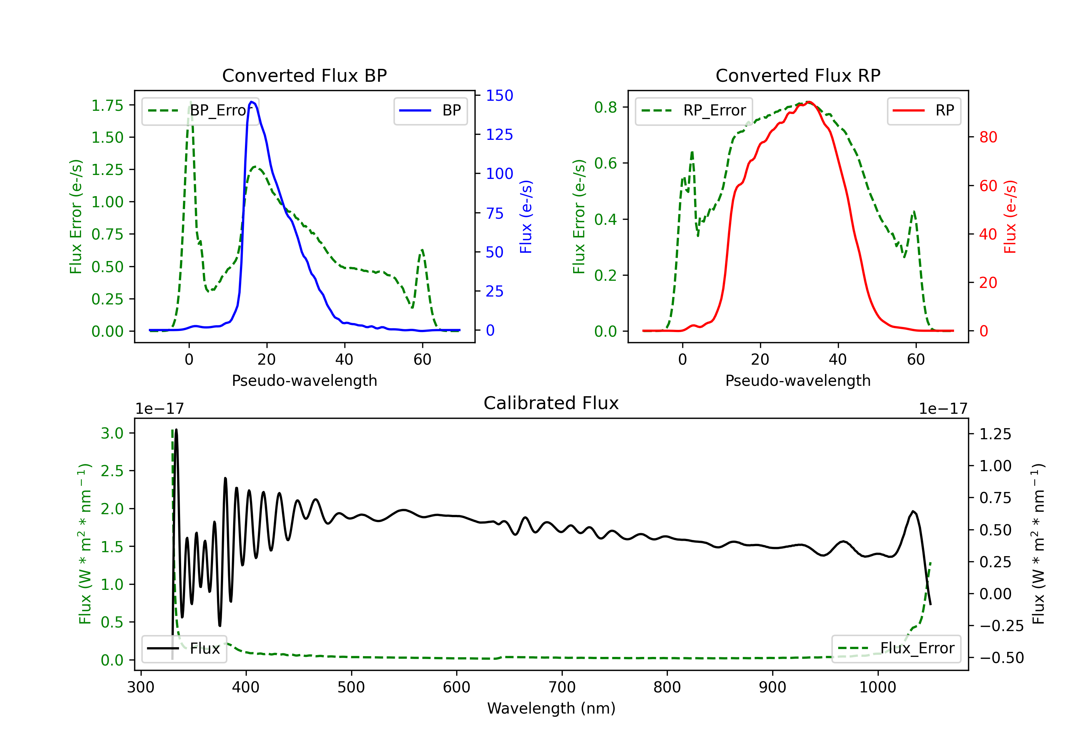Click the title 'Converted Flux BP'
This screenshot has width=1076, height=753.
(x=304, y=75)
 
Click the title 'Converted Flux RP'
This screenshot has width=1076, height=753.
(x=798, y=75)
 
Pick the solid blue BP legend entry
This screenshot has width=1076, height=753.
(x=430, y=110)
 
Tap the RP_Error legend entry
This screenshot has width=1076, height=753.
(x=694, y=110)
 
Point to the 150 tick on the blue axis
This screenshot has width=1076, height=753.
(x=499, y=96)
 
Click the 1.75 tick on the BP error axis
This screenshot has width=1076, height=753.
(x=107, y=105)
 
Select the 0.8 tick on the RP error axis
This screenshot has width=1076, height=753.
(x=605, y=107)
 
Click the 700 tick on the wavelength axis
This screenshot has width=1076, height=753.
(x=562, y=687)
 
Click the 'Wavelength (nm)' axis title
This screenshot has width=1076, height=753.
(x=551, y=708)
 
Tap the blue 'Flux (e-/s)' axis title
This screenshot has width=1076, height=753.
(x=526, y=217)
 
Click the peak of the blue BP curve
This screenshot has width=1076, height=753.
(x=252, y=102)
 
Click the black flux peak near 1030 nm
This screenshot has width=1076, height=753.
(x=913, y=511)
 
